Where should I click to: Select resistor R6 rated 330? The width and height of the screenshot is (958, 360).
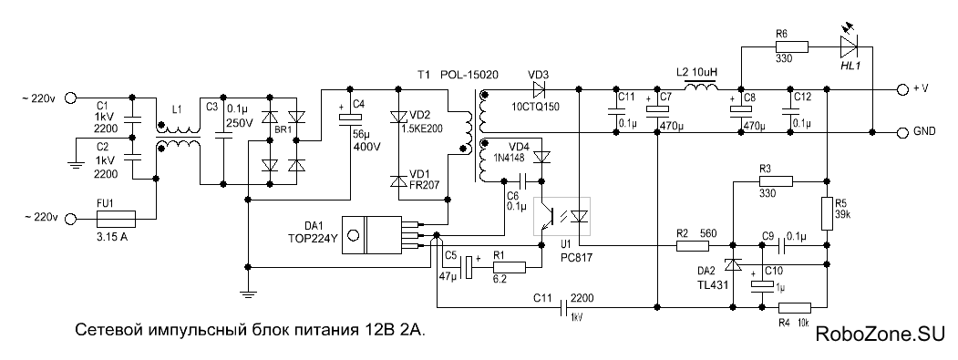792,47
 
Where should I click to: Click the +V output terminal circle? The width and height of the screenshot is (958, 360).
903,90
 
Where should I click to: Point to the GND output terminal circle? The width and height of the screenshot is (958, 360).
903,132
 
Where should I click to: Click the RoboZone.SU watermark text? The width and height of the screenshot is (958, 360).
881,333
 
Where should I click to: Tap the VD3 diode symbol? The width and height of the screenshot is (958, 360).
539,90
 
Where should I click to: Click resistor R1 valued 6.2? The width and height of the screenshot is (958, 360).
509,267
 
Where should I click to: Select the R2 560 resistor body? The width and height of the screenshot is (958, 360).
693,246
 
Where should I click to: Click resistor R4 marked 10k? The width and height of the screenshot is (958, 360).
794,307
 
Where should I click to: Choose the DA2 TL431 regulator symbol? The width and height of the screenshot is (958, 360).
732,264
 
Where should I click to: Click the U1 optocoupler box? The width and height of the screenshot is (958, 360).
562,216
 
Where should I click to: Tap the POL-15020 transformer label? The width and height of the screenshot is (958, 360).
469,75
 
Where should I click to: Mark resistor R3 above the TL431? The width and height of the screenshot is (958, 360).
776,181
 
